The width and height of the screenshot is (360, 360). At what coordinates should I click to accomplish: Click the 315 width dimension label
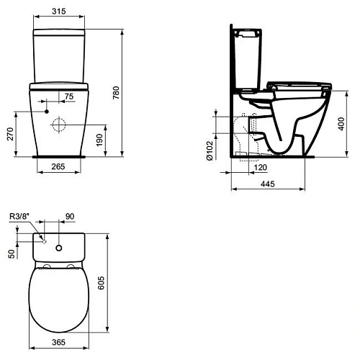pos(60,11)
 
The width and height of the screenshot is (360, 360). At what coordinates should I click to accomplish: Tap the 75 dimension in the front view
pos(69,96)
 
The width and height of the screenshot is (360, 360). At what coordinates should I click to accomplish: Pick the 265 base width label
pos(60,167)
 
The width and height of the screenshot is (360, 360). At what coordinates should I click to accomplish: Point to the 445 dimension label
pos(267,185)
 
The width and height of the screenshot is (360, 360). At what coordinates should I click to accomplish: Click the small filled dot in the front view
pos(45,113)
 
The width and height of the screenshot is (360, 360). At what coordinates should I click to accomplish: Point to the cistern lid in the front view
pos(60,32)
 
